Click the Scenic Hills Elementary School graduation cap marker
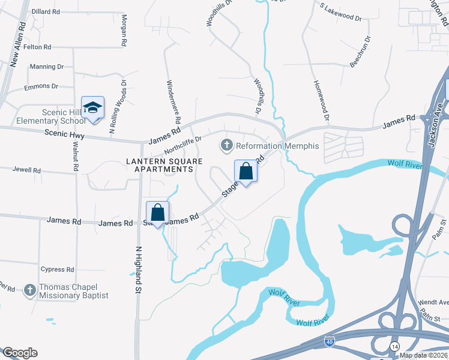click(x=92, y=107)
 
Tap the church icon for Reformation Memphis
click(x=226, y=145)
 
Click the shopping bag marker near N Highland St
click(x=157, y=212)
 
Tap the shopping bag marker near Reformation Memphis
click(x=246, y=171)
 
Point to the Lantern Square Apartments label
click(x=160, y=165)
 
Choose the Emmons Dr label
click(x=41, y=86)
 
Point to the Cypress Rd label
click(x=57, y=269)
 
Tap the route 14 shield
click(x=395, y=347)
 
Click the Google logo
click(x=20, y=353)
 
